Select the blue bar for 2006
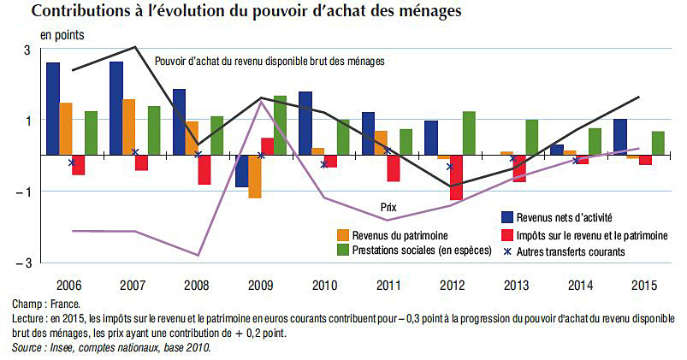[x=53, y=109]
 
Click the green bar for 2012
[x=469, y=133]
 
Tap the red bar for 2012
[x=456, y=178]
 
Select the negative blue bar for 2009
[x=241, y=171]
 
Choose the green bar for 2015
[x=659, y=143]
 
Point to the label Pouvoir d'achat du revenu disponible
[x=269, y=62]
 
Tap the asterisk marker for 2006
[x=72, y=162]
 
